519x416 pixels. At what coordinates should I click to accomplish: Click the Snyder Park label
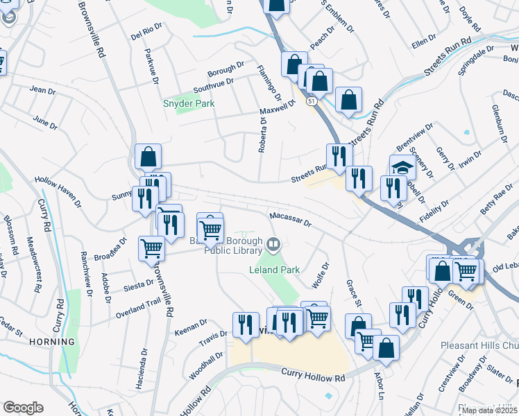tap(189, 103)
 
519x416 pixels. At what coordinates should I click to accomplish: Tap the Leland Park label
tap(274, 269)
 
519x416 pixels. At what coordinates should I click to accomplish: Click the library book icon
tap(273, 244)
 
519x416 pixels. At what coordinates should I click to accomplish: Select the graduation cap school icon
tap(402, 167)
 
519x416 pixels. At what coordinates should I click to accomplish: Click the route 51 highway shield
tap(313, 101)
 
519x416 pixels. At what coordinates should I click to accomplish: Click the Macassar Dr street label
tap(291, 219)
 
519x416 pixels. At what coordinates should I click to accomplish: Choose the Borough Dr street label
tap(226, 70)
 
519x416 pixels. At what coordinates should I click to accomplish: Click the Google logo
tap(23, 408)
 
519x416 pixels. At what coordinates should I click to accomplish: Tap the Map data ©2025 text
tap(490, 410)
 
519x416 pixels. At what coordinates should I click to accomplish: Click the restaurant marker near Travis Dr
tap(246, 324)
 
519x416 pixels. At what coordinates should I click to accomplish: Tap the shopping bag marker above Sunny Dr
tap(148, 157)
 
